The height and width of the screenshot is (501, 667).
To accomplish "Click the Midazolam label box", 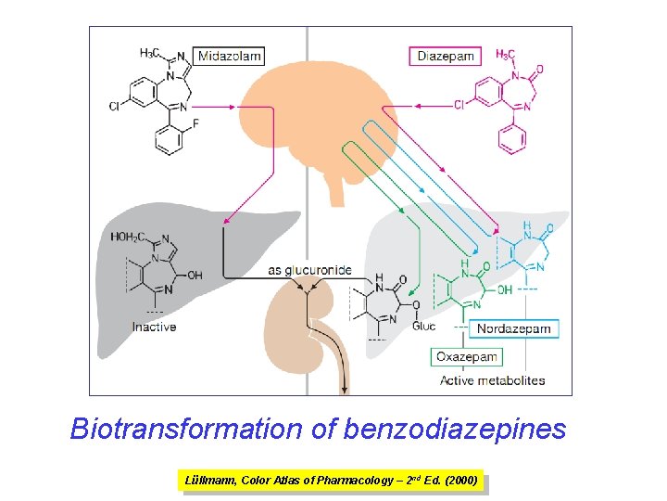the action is click(x=229, y=56).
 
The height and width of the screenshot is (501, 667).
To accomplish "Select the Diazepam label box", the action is click(x=446, y=56).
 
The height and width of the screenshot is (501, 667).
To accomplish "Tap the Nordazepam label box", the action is click(x=513, y=328).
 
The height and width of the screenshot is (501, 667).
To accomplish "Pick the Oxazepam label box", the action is click(x=468, y=356).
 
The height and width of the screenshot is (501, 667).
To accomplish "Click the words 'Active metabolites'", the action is click(x=492, y=380).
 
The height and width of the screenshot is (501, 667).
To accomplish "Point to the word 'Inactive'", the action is click(x=155, y=327).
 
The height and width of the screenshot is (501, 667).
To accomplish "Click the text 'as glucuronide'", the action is click(x=309, y=270).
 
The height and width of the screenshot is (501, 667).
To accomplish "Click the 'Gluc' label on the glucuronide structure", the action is click(x=423, y=326).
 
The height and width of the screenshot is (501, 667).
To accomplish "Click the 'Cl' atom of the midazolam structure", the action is click(x=114, y=108).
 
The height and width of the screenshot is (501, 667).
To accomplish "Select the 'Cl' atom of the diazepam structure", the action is click(x=459, y=106).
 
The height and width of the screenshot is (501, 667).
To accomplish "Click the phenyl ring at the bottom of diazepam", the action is click(x=512, y=140).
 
